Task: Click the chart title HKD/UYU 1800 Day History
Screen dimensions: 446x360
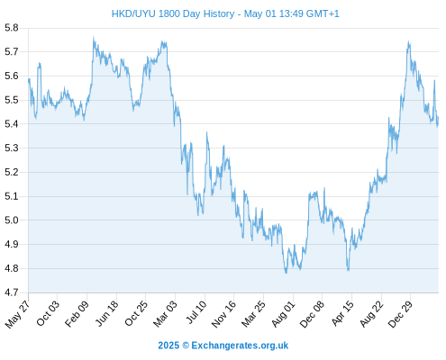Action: tap(173, 13)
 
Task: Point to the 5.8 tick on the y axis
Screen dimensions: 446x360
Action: tap(12, 28)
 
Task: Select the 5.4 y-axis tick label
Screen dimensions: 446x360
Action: tap(12, 124)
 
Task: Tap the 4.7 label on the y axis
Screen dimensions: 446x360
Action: tap(12, 292)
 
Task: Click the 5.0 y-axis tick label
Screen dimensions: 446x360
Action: tap(12, 220)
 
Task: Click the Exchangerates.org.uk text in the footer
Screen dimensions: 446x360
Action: tap(240, 346)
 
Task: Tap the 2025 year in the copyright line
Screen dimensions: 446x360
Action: tap(168, 346)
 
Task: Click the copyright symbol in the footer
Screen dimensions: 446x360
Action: tap(186, 346)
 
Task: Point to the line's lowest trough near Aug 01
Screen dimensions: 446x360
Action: tap(286, 273)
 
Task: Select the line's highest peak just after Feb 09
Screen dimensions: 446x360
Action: tap(94, 37)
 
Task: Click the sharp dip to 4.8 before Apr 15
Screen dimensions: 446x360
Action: tap(349, 271)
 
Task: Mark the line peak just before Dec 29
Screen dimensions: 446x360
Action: tap(408, 41)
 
